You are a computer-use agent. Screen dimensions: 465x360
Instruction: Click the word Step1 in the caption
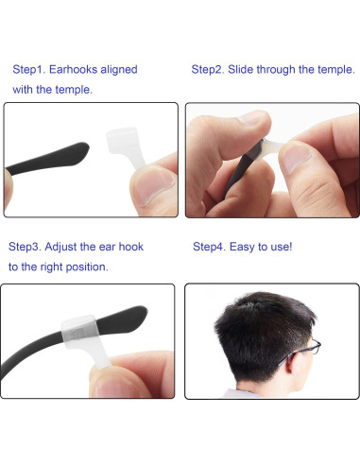[x=29, y=70]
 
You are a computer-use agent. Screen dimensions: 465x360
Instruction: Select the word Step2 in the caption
[x=209, y=70]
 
